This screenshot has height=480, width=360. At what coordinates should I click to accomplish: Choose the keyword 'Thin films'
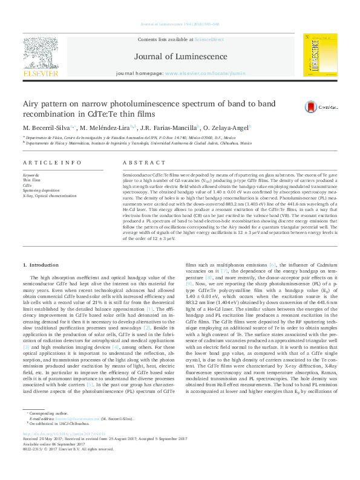(x=31, y=180)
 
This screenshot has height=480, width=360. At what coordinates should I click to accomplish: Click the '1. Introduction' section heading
(x=42, y=282)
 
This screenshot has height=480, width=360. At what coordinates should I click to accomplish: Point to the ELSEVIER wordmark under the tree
(x=41, y=73)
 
